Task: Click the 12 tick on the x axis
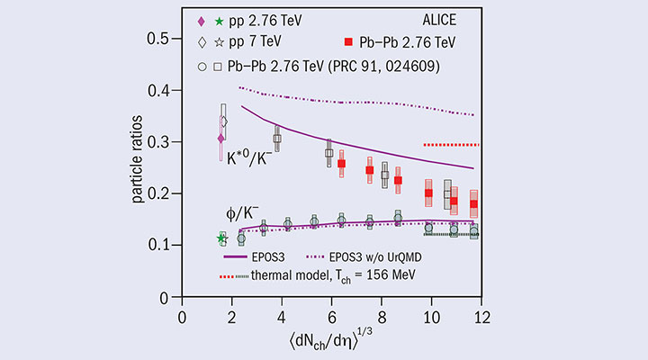[x=482, y=314]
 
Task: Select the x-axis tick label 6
[x=333, y=314]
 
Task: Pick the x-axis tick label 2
[x=233, y=314]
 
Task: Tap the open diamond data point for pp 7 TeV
[x=224, y=121]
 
